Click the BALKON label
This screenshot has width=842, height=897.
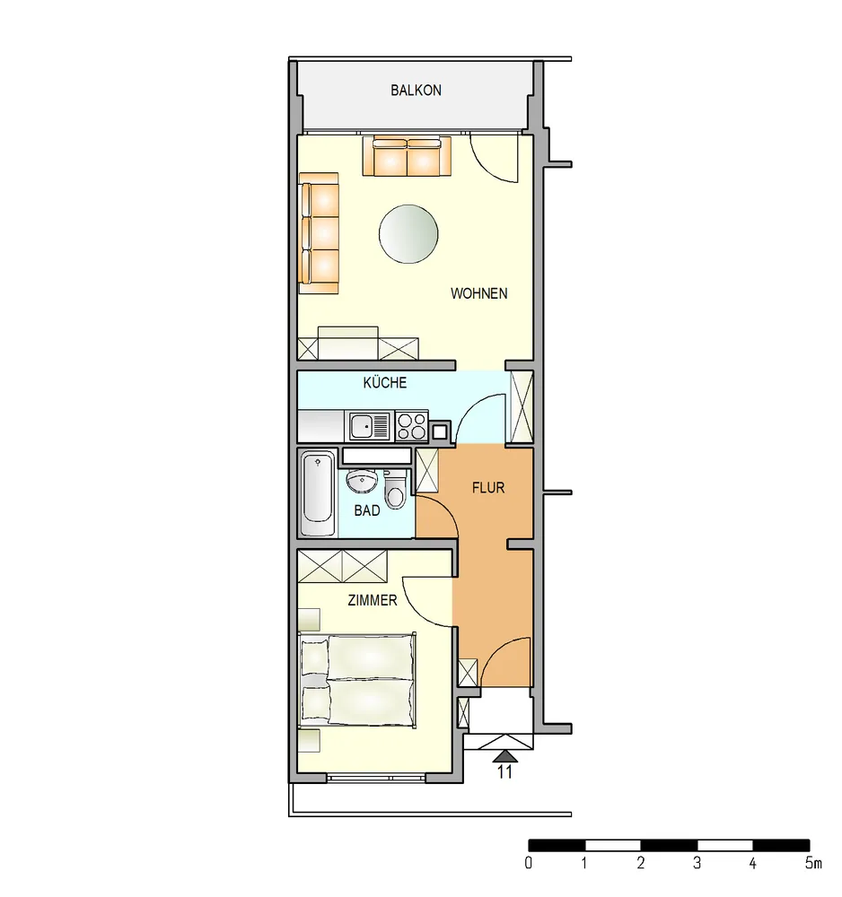pyautogui.click(x=416, y=91)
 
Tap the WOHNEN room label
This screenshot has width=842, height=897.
pyautogui.click(x=478, y=293)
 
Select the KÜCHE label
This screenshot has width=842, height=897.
pyautogui.click(x=385, y=382)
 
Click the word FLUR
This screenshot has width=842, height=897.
pyautogui.click(x=488, y=488)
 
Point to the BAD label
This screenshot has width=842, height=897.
pyautogui.click(x=367, y=510)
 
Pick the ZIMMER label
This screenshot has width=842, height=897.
pyautogui.click(x=372, y=600)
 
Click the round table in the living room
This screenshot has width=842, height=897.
pyautogui.click(x=408, y=234)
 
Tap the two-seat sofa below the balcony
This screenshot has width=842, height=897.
pyautogui.click(x=407, y=155)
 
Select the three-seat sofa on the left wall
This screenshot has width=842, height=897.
pyautogui.click(x=319, y=233)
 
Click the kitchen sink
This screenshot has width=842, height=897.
pyautogui.click(x=369, y=426)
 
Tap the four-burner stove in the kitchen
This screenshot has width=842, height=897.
pyautogui.click(x=411, y=426)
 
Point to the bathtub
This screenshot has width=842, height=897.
pyautogui.click(x=318, y=494)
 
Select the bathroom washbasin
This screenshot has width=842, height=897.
pyautogui.click(x=362, y=481)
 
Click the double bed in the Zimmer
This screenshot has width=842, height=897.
pyautogui.click(x=358, y=680)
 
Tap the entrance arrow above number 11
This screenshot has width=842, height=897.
pyautogui.click(x=504, y=756)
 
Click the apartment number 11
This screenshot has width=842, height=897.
pyautogui.click(x=504, y=772)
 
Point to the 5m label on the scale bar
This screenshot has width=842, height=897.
pyautogui.click(x=813, y=863)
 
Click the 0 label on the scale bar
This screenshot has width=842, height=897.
pyautogui.click(x=529, y=863)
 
